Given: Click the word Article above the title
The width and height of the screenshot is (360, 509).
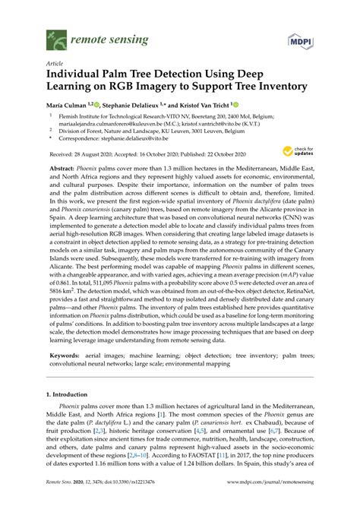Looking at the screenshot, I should tap(54, 64).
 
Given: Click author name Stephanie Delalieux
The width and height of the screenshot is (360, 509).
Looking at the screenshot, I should tap(131, 105).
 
